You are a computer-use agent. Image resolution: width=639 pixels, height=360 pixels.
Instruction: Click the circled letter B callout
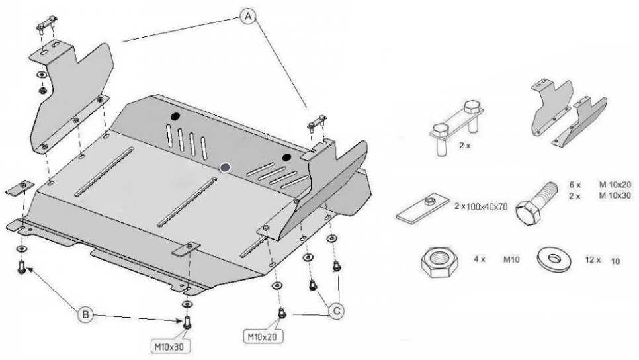(85, 316)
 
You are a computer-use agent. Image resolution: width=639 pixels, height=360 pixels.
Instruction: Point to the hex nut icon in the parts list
(439, 262)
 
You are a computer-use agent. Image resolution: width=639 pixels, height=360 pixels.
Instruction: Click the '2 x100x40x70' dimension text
(481, 207)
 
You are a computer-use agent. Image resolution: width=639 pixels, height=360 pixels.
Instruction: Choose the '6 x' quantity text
(574, 185)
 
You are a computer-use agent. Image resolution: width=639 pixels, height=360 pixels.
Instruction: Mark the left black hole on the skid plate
(176, 117)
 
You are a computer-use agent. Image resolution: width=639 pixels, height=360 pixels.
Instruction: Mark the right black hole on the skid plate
(286, 157)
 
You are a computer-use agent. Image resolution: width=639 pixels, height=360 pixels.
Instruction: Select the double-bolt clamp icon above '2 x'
(456, 126)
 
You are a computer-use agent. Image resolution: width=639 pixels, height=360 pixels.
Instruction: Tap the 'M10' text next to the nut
(511, 260)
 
